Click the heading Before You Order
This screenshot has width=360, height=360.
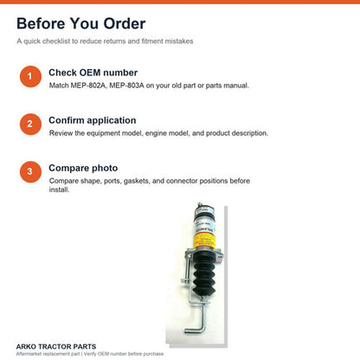[81, 23]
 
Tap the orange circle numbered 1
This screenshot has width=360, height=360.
[30, 76]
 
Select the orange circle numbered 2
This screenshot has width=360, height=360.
[30, 124]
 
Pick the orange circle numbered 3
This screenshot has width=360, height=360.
[30, 171]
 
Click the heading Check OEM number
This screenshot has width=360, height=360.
[93, 73]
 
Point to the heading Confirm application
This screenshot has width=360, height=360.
[93, 120]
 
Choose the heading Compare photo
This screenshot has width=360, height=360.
[83, 168]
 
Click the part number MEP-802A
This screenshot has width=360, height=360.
[88, 86]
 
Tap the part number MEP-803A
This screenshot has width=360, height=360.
[126, 86]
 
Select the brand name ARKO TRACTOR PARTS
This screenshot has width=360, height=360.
[56, 346]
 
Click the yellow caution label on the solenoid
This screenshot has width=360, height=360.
[204, 241]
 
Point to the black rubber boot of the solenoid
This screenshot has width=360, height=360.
[203, 273]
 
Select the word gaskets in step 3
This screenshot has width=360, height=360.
[137, 181]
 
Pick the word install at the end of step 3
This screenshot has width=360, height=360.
[59, 190]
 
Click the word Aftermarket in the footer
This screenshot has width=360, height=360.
[29, 354]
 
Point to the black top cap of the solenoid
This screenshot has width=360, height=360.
[203, 209]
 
